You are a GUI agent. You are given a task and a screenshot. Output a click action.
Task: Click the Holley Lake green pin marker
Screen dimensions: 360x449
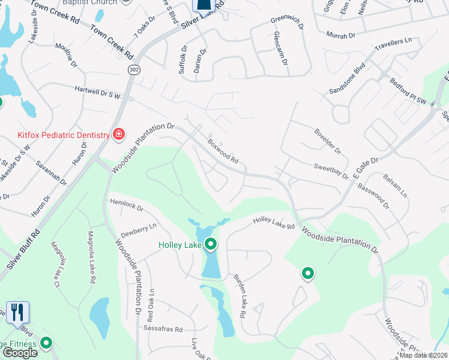(x=211, y=244)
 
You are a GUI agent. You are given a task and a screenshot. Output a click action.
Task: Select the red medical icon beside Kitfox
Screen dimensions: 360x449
(x=119, y=134)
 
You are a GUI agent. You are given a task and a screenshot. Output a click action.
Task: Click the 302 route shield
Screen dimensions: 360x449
(x=132, y=70)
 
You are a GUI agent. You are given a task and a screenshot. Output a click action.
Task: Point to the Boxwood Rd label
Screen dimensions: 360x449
(x=223, y=153)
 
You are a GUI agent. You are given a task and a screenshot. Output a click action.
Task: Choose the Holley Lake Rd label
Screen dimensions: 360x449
(x=274, y=223)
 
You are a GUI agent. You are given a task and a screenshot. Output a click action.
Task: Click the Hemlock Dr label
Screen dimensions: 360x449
(x=127, y=205)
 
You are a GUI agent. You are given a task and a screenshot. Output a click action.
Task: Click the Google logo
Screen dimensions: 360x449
(x=19, y=353)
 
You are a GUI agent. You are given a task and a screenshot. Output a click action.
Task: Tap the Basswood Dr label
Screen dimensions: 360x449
(x=373, y=196)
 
